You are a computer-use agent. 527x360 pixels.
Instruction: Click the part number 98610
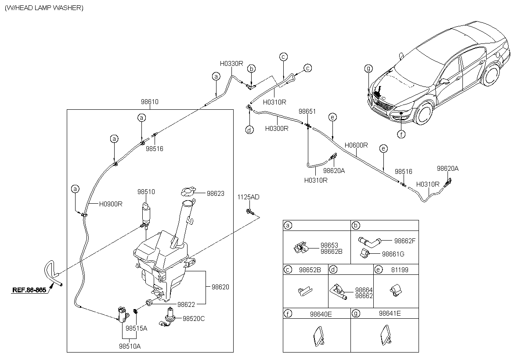(149, 102)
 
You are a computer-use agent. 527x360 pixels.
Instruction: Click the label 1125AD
(249, 197)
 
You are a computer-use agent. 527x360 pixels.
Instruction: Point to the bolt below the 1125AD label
(249, 212)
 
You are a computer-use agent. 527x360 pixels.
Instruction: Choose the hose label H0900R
(110, 204)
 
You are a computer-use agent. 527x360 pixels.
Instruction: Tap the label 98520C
(194, 319)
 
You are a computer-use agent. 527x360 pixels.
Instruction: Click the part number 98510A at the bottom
(130, 346)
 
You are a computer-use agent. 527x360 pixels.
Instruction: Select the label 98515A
(136, 328)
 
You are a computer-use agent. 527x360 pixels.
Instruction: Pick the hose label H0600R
(356, 145)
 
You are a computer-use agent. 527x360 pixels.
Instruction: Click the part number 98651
(307, 112)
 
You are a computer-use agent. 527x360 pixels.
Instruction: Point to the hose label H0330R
(231, 63)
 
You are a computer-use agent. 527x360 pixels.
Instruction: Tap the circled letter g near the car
(368, 68)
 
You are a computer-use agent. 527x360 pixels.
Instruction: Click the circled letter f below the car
(401, 134)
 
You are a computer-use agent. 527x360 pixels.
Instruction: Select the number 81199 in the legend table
(399, 270)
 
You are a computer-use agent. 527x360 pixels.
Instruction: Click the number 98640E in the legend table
(321, 313)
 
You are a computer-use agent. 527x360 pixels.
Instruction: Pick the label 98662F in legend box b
(404, 241)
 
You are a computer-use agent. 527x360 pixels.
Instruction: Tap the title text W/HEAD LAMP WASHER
(43, 8)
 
